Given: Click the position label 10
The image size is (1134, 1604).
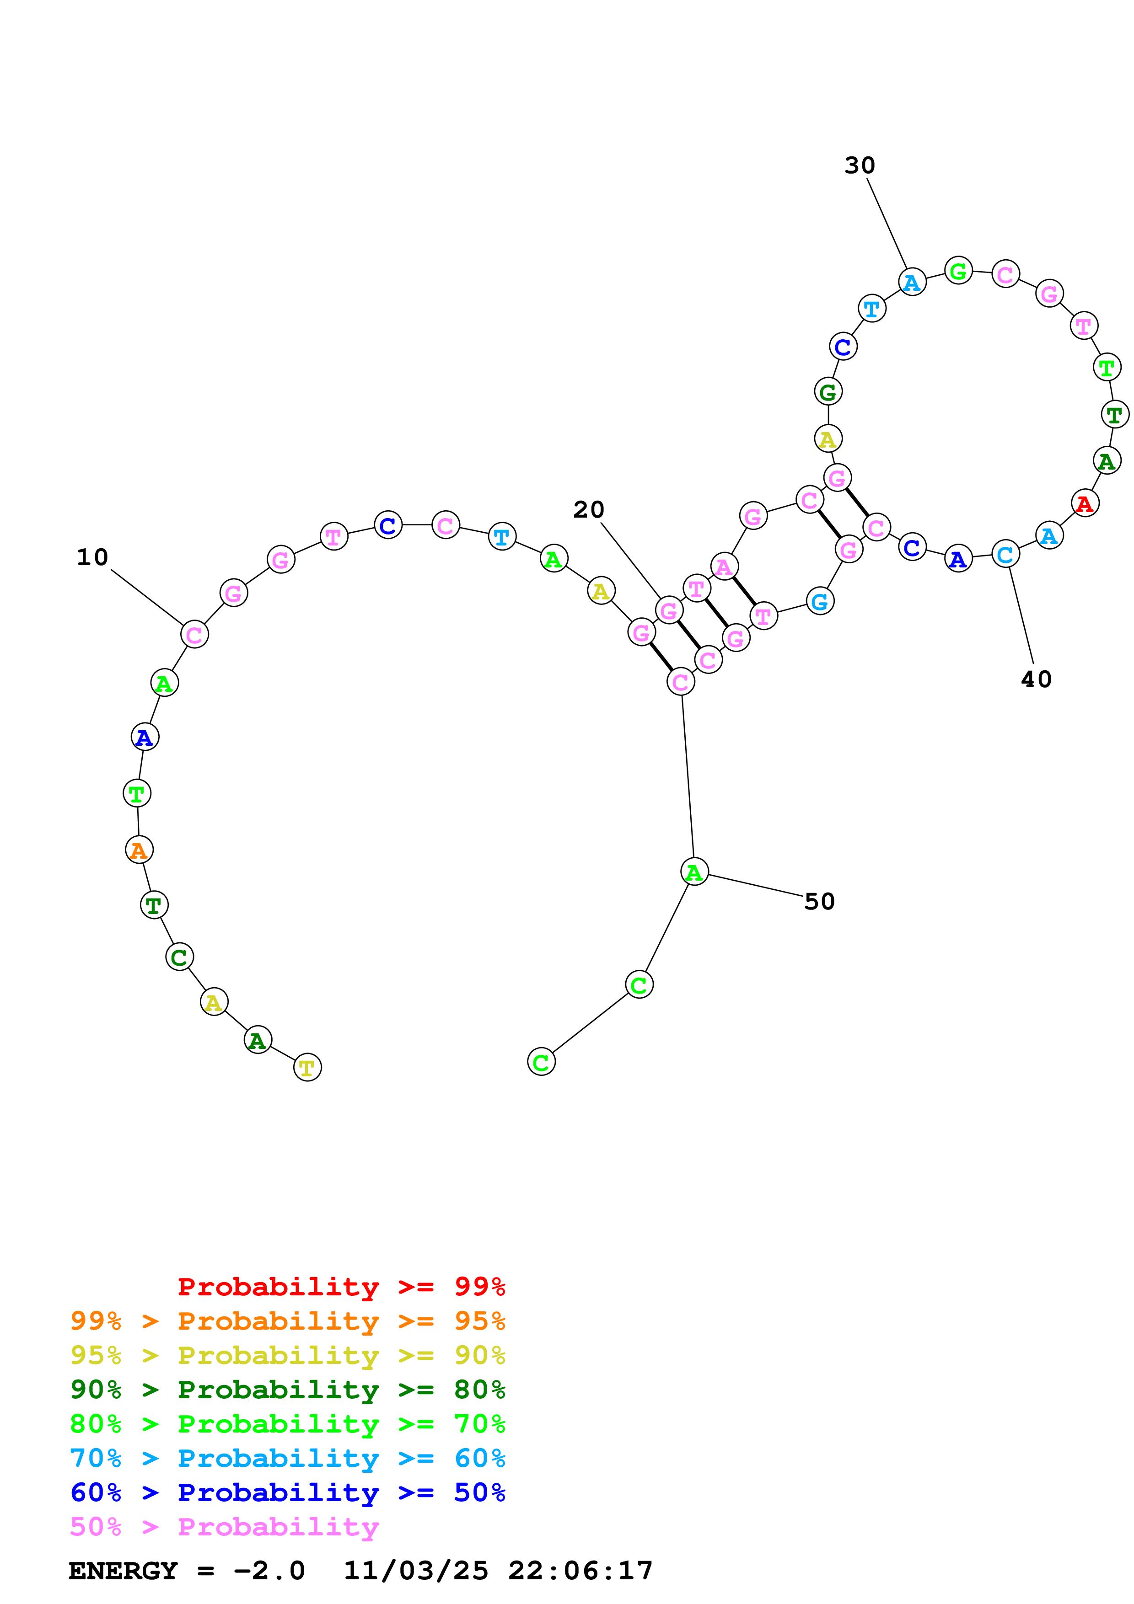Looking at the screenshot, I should (92, 557).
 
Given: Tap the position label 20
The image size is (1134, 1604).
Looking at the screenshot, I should (588, 510).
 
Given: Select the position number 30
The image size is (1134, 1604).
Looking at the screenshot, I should (860, 166).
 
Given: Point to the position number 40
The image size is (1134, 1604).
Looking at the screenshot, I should (1036, 680).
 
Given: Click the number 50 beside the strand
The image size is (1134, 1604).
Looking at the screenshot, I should (820, 902).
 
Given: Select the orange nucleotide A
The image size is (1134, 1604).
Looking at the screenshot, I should (139, 850).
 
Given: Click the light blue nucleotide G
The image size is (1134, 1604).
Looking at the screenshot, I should (820, 602).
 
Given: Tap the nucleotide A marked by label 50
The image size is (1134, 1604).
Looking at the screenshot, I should (694, 872).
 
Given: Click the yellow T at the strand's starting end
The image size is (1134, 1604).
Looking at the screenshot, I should (307, 1068).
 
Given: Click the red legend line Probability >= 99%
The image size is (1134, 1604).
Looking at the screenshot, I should (341, 1287).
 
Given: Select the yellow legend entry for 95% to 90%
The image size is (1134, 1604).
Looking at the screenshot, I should (287, 1355).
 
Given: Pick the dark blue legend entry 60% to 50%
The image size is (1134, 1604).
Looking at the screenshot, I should (287, 1493).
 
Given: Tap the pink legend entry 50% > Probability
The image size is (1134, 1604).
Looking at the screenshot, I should (224, 1527).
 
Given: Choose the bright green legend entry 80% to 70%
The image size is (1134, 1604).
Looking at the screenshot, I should (287, 1424).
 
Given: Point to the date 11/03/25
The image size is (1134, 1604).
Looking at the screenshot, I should (416, 1571).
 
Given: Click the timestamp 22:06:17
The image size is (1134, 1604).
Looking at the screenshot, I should (580, 1571).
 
